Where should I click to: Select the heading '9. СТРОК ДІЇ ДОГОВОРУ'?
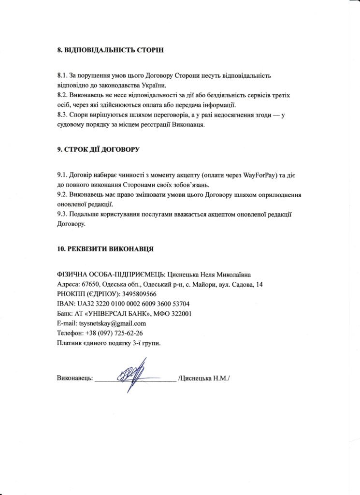pos(98,149)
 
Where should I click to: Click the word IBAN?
pos(65,304)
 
